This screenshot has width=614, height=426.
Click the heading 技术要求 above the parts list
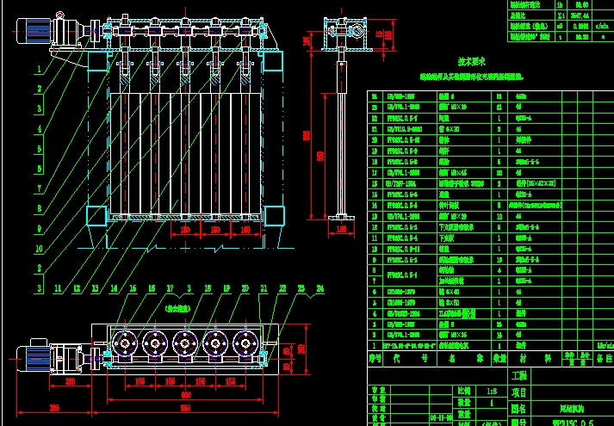click(x=448, y=62)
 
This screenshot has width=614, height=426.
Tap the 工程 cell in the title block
click(x=519, y=376)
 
